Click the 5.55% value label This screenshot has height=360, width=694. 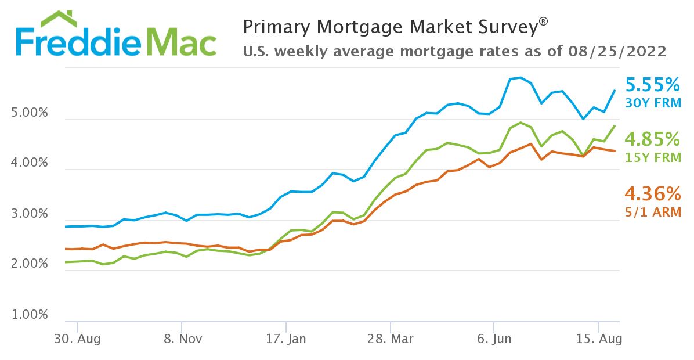pos(652,86)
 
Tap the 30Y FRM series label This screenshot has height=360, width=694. pos(652,103)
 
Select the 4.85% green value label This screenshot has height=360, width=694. pos(652,139)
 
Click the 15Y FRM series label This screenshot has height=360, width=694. pos(652,157)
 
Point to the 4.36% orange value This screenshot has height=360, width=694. pos(652,193)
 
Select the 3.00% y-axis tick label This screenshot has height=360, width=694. pos(30,214)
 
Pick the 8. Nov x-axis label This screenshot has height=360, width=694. pos(182,339)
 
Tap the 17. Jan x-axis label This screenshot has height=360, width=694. pos(285,339)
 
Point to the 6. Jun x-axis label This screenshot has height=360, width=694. pos(494,339)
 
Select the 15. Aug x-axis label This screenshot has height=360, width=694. pos(598,339)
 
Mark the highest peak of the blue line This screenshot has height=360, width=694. pos(520,77)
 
